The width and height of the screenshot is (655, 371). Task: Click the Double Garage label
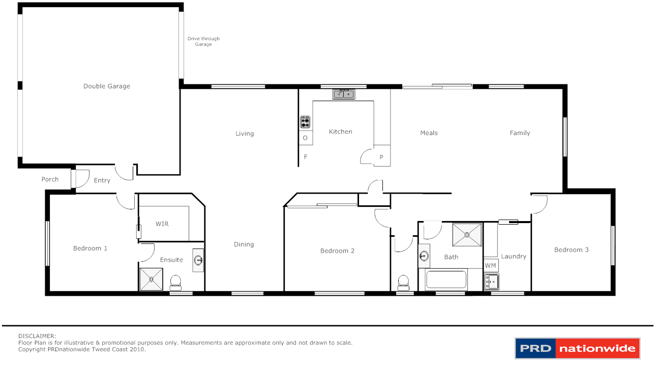107,86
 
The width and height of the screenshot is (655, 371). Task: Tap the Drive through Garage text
203,42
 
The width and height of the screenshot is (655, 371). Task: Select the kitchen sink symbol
344,94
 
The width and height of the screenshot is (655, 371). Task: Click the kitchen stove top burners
305,122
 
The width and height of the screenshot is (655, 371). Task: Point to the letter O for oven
305,138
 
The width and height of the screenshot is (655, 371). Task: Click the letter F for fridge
306,157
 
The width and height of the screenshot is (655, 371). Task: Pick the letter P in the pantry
381,158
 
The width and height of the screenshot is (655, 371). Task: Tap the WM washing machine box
490,265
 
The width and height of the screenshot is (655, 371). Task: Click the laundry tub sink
491,282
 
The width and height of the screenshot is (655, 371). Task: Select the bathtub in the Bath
446,280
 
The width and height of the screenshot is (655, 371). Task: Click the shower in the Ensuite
151,280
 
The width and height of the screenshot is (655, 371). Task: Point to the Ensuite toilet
175,282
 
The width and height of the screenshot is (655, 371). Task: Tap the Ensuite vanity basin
198,261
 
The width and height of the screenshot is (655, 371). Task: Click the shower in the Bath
467,234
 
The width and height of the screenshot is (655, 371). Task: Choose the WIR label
162,224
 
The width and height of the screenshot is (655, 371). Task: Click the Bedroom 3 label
571,250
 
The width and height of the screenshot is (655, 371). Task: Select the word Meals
429,133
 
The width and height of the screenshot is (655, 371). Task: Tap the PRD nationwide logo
577,349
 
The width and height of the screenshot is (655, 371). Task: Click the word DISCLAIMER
37,336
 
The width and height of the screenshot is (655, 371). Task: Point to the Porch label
50,179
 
